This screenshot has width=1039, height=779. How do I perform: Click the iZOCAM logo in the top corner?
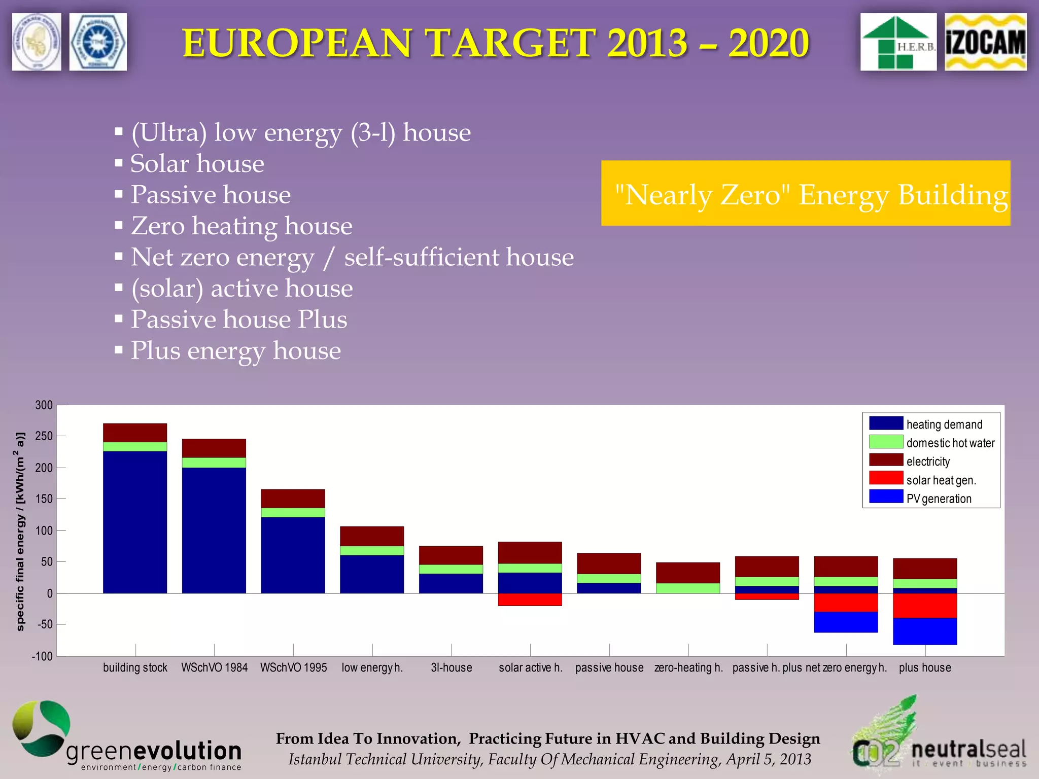click(x=985, y=42)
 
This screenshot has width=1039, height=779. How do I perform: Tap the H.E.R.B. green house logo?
click(x=898, y=42)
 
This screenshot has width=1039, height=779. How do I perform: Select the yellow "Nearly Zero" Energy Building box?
click(x=806, y=193)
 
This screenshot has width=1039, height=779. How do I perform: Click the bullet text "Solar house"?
click(x=197, y=164)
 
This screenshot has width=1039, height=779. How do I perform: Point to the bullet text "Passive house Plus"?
click(x=239, y=320)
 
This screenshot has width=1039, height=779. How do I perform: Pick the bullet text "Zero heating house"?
click(x=241, y=226)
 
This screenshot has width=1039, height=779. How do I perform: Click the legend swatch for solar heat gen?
click(x=886, y=478)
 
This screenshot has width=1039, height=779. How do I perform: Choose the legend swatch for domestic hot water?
click(x=886, y=441)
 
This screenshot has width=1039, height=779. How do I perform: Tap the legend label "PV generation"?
click(x=939, y=499)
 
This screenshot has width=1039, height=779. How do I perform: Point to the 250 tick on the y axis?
click(x=44, y=436)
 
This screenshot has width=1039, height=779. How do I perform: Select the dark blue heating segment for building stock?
click(x=135, y=522)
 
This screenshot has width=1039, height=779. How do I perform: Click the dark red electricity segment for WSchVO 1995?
click(x=293, y=499)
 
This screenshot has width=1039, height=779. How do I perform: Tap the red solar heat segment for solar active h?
click(x=530, y=599)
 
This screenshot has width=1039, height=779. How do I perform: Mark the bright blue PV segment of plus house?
click(x=925, y=631)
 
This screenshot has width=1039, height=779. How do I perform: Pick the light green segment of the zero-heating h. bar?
click(x=688, y=588)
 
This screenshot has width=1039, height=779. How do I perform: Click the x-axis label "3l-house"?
click(x=452, y=668)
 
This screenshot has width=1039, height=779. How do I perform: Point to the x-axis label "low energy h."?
click(x=372, y=668)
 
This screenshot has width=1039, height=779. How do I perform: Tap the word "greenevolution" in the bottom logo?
click(x=154, y=751)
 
